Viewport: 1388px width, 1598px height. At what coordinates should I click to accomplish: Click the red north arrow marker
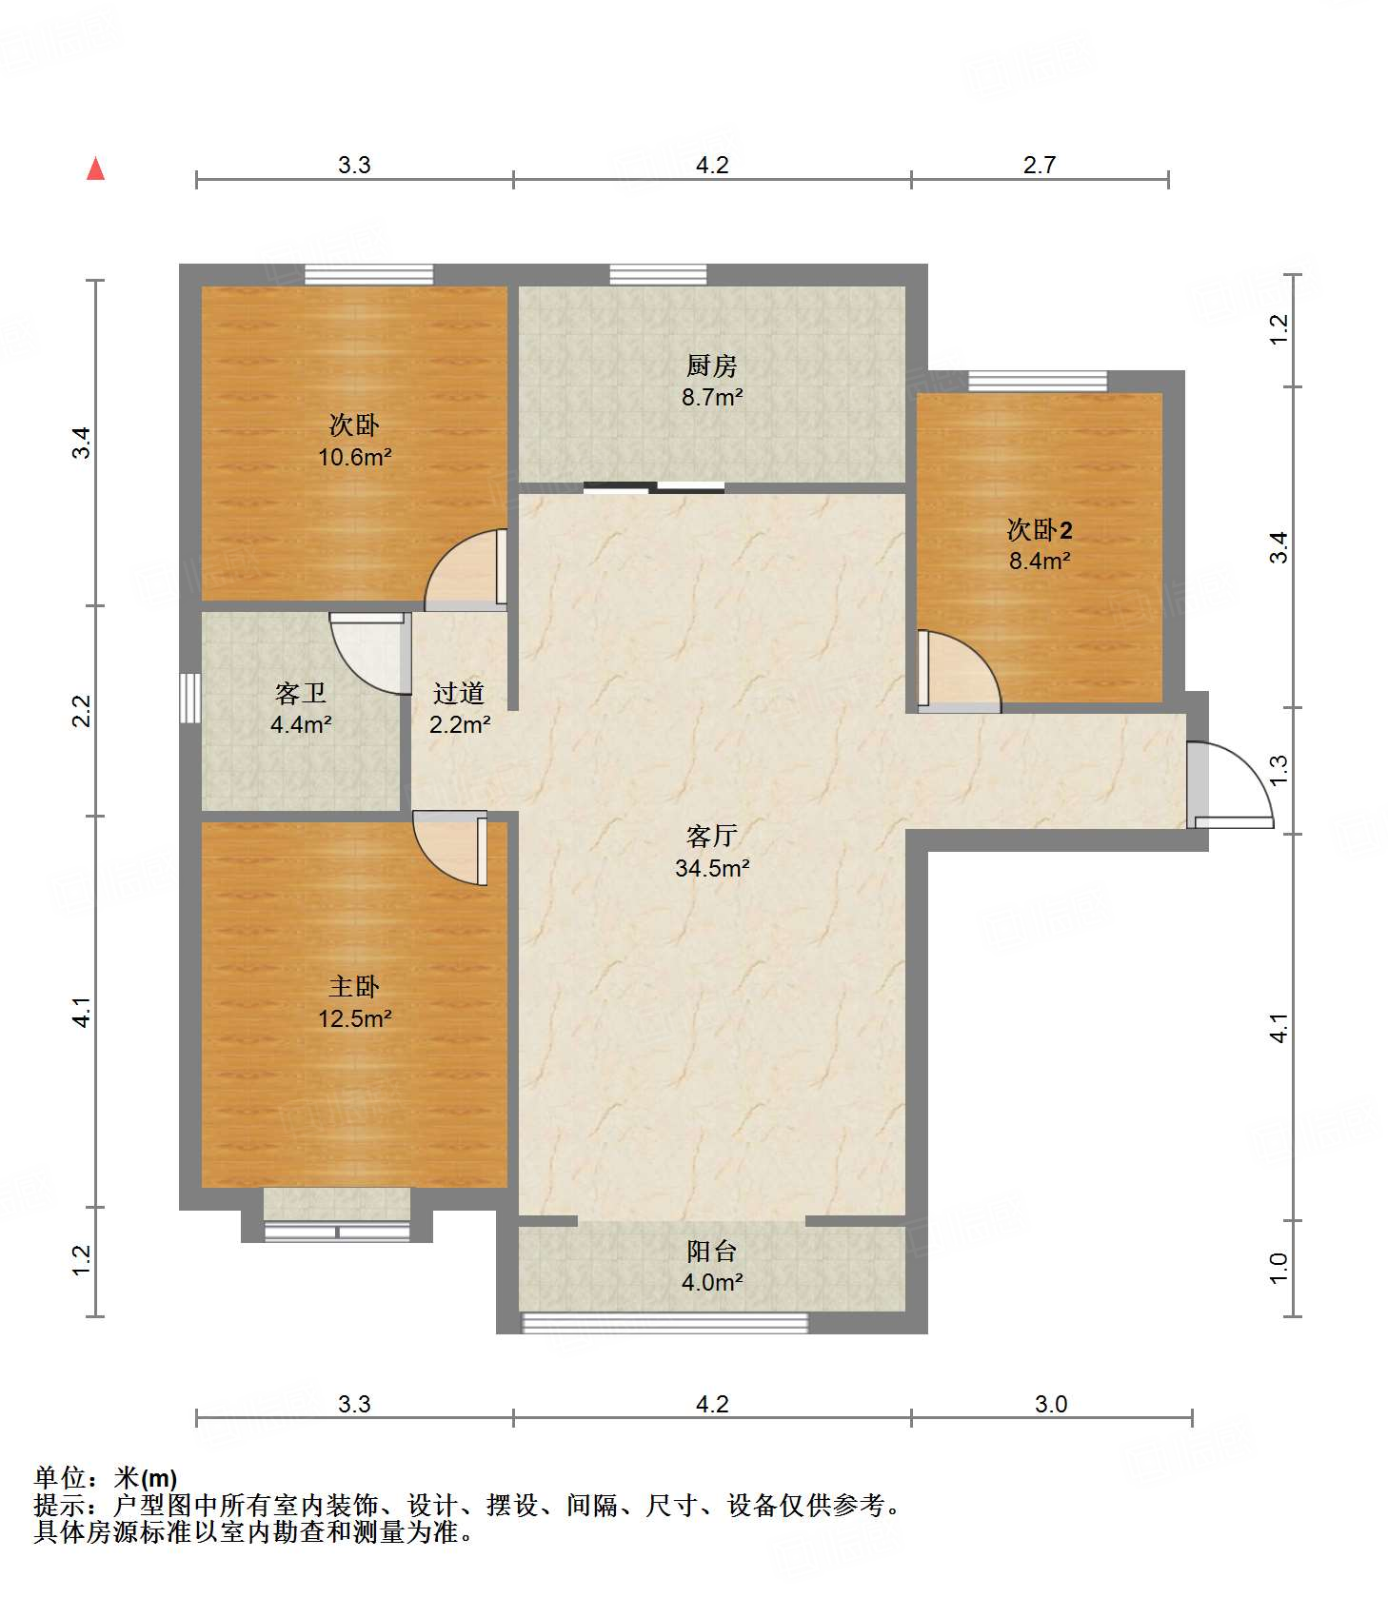click(95, 168)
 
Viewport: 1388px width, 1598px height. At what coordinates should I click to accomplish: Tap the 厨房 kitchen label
click(711, 365)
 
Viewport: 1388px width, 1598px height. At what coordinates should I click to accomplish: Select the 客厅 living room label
click(711, 836)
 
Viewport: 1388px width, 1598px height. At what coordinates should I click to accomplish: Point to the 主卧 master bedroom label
click(354, 987)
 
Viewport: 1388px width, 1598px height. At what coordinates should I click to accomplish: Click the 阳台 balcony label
click(711, 1251)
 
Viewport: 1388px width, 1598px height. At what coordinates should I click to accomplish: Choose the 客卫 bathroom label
click(300, 694)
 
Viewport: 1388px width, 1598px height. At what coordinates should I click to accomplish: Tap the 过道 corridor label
click(459, 694)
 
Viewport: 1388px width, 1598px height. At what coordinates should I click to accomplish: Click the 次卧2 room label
click(1040, 529)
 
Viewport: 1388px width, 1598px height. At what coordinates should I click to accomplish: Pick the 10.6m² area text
click(354, 457)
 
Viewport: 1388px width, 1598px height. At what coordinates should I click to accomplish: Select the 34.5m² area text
click(711, 868)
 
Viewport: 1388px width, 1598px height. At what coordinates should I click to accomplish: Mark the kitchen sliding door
click(654, 488)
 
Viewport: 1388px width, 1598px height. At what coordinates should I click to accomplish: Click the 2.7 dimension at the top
click(1040, 165)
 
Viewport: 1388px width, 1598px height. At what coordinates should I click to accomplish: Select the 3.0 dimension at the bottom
click(1051, 1404)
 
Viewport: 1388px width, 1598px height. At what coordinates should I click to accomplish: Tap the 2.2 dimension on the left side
click(82, 711)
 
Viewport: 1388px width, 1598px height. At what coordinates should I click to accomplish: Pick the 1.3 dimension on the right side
click(1279, 767)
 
